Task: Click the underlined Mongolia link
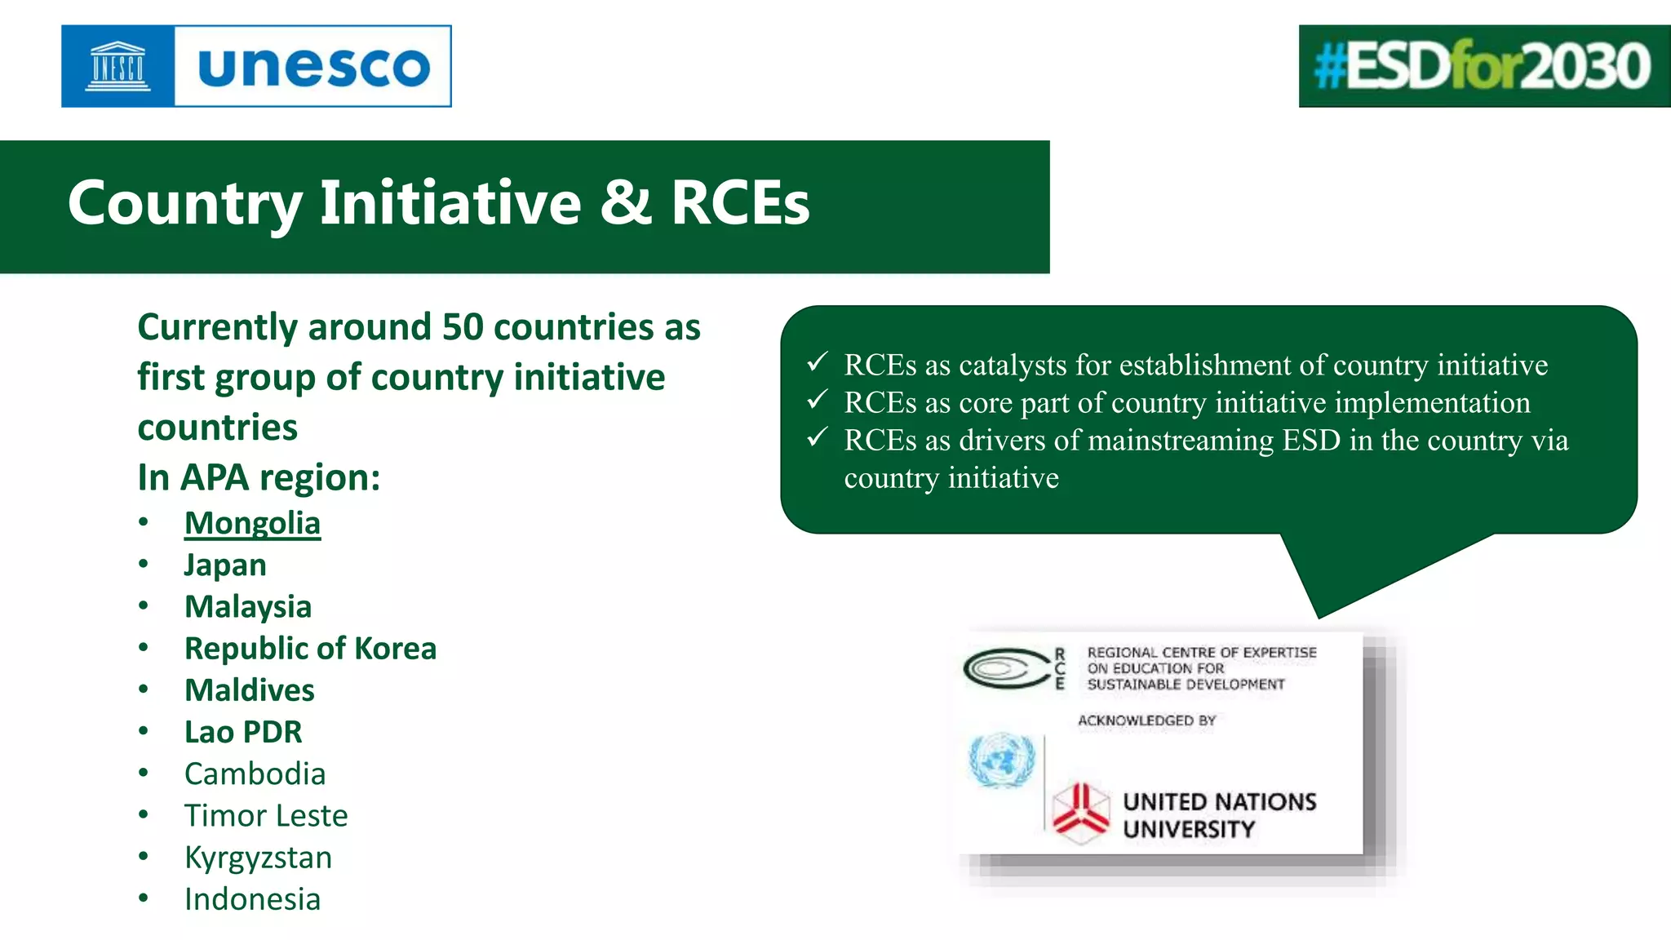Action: (252, 523)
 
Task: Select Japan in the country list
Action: (225, 565)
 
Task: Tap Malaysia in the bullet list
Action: (248, 606)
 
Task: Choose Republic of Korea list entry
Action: (310, 648)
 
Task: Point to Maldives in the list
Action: (249, 690)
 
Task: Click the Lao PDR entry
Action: (243, 732)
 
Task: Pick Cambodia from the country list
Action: (255, 774)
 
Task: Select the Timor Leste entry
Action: (266, 815)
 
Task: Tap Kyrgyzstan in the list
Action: (258, 857)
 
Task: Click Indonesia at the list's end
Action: (252, 899)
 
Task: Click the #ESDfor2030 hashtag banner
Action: (1483, 66)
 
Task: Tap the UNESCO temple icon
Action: (118, 66)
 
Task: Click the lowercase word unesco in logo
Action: (313, 67)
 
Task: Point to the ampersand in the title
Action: (625, 202)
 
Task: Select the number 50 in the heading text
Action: (463, 327)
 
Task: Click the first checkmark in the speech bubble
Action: (818, 361)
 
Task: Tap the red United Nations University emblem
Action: (1080, 813)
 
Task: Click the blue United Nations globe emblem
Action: (1001, 760)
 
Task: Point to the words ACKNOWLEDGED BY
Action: (1146, 721)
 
